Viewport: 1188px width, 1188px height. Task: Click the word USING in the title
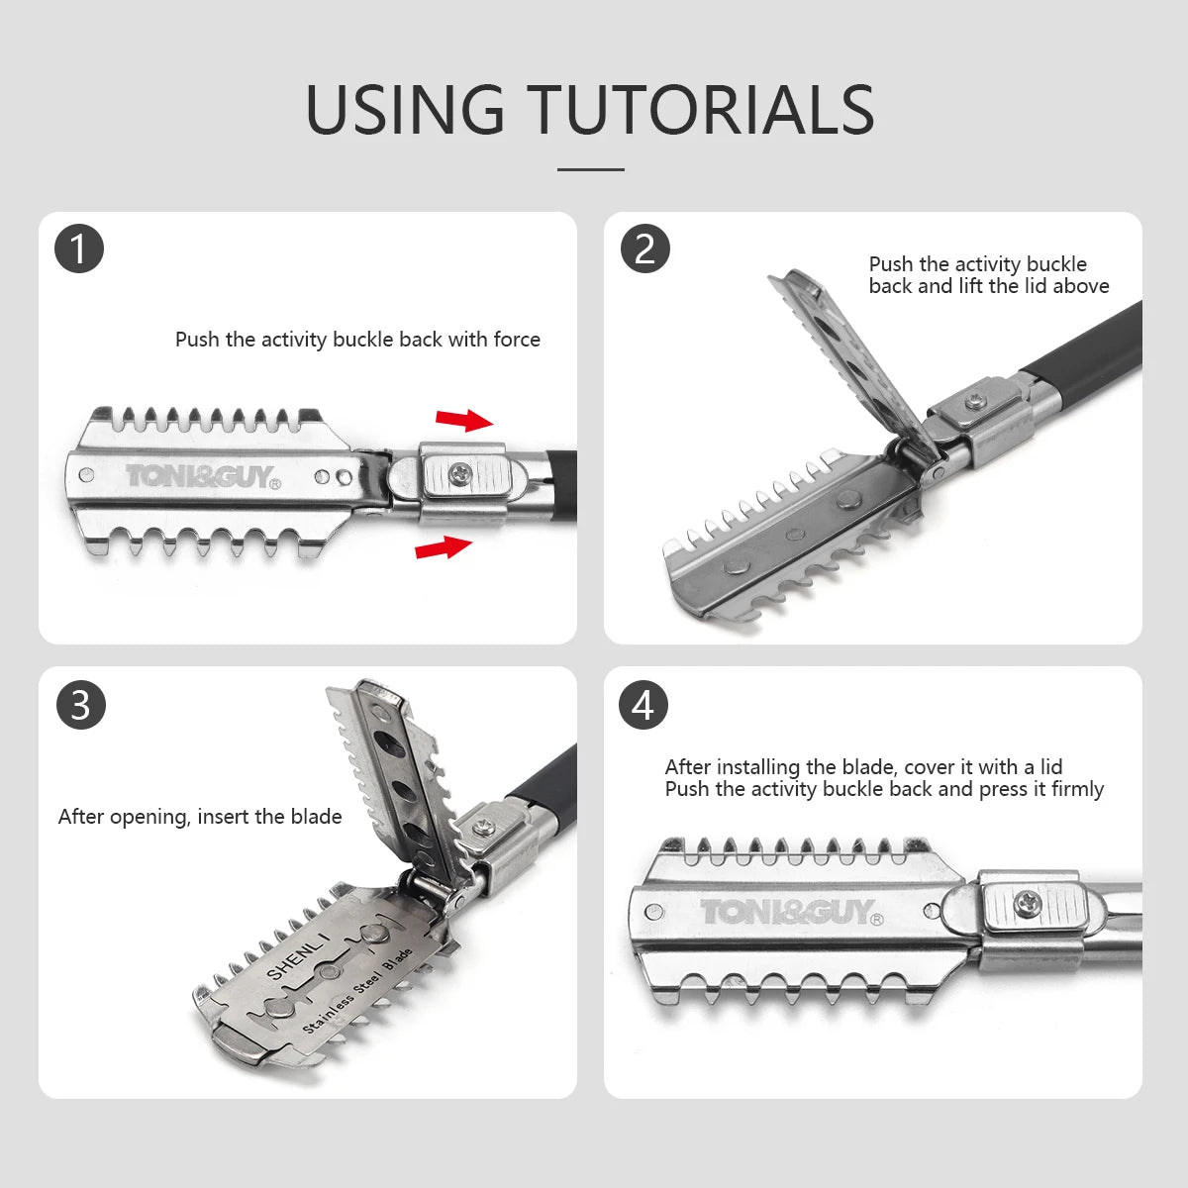point(405,109)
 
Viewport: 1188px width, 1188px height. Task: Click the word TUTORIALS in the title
point(701,109)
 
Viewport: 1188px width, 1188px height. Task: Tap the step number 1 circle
point(79,249)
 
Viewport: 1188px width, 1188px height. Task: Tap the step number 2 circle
point(644,249)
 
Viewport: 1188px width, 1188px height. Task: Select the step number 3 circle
point(81,705)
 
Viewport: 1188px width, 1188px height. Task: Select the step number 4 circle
point(643,705)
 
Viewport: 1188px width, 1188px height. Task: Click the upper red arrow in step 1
point(464,420)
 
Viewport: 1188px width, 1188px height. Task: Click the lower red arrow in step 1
point(444,546)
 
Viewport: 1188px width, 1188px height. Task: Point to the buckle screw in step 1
point(461,473)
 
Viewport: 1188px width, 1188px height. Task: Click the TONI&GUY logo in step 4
point(792,912)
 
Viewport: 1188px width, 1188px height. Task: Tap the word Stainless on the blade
point(328,1010)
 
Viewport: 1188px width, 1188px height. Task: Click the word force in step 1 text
point(517,340)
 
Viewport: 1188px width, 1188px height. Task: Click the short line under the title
point(591,169)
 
